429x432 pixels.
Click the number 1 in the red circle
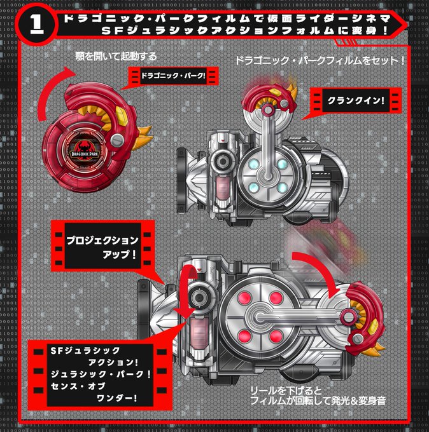[x=37, y=24]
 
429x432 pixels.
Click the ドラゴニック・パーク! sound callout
[x=173, y=76]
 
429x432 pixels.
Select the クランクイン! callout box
[x=356, y=100]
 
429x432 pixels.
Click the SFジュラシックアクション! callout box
[x=100, y=374]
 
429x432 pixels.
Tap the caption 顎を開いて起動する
[x=116, y=56]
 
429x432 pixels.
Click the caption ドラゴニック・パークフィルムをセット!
[x=320, y=60]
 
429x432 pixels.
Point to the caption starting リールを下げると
[x=318, y=396]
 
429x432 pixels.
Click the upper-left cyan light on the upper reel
[x=253, y=164]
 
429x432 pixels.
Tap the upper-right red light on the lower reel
[x=276, y=298]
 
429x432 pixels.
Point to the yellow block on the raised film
[x=276, y=93]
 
